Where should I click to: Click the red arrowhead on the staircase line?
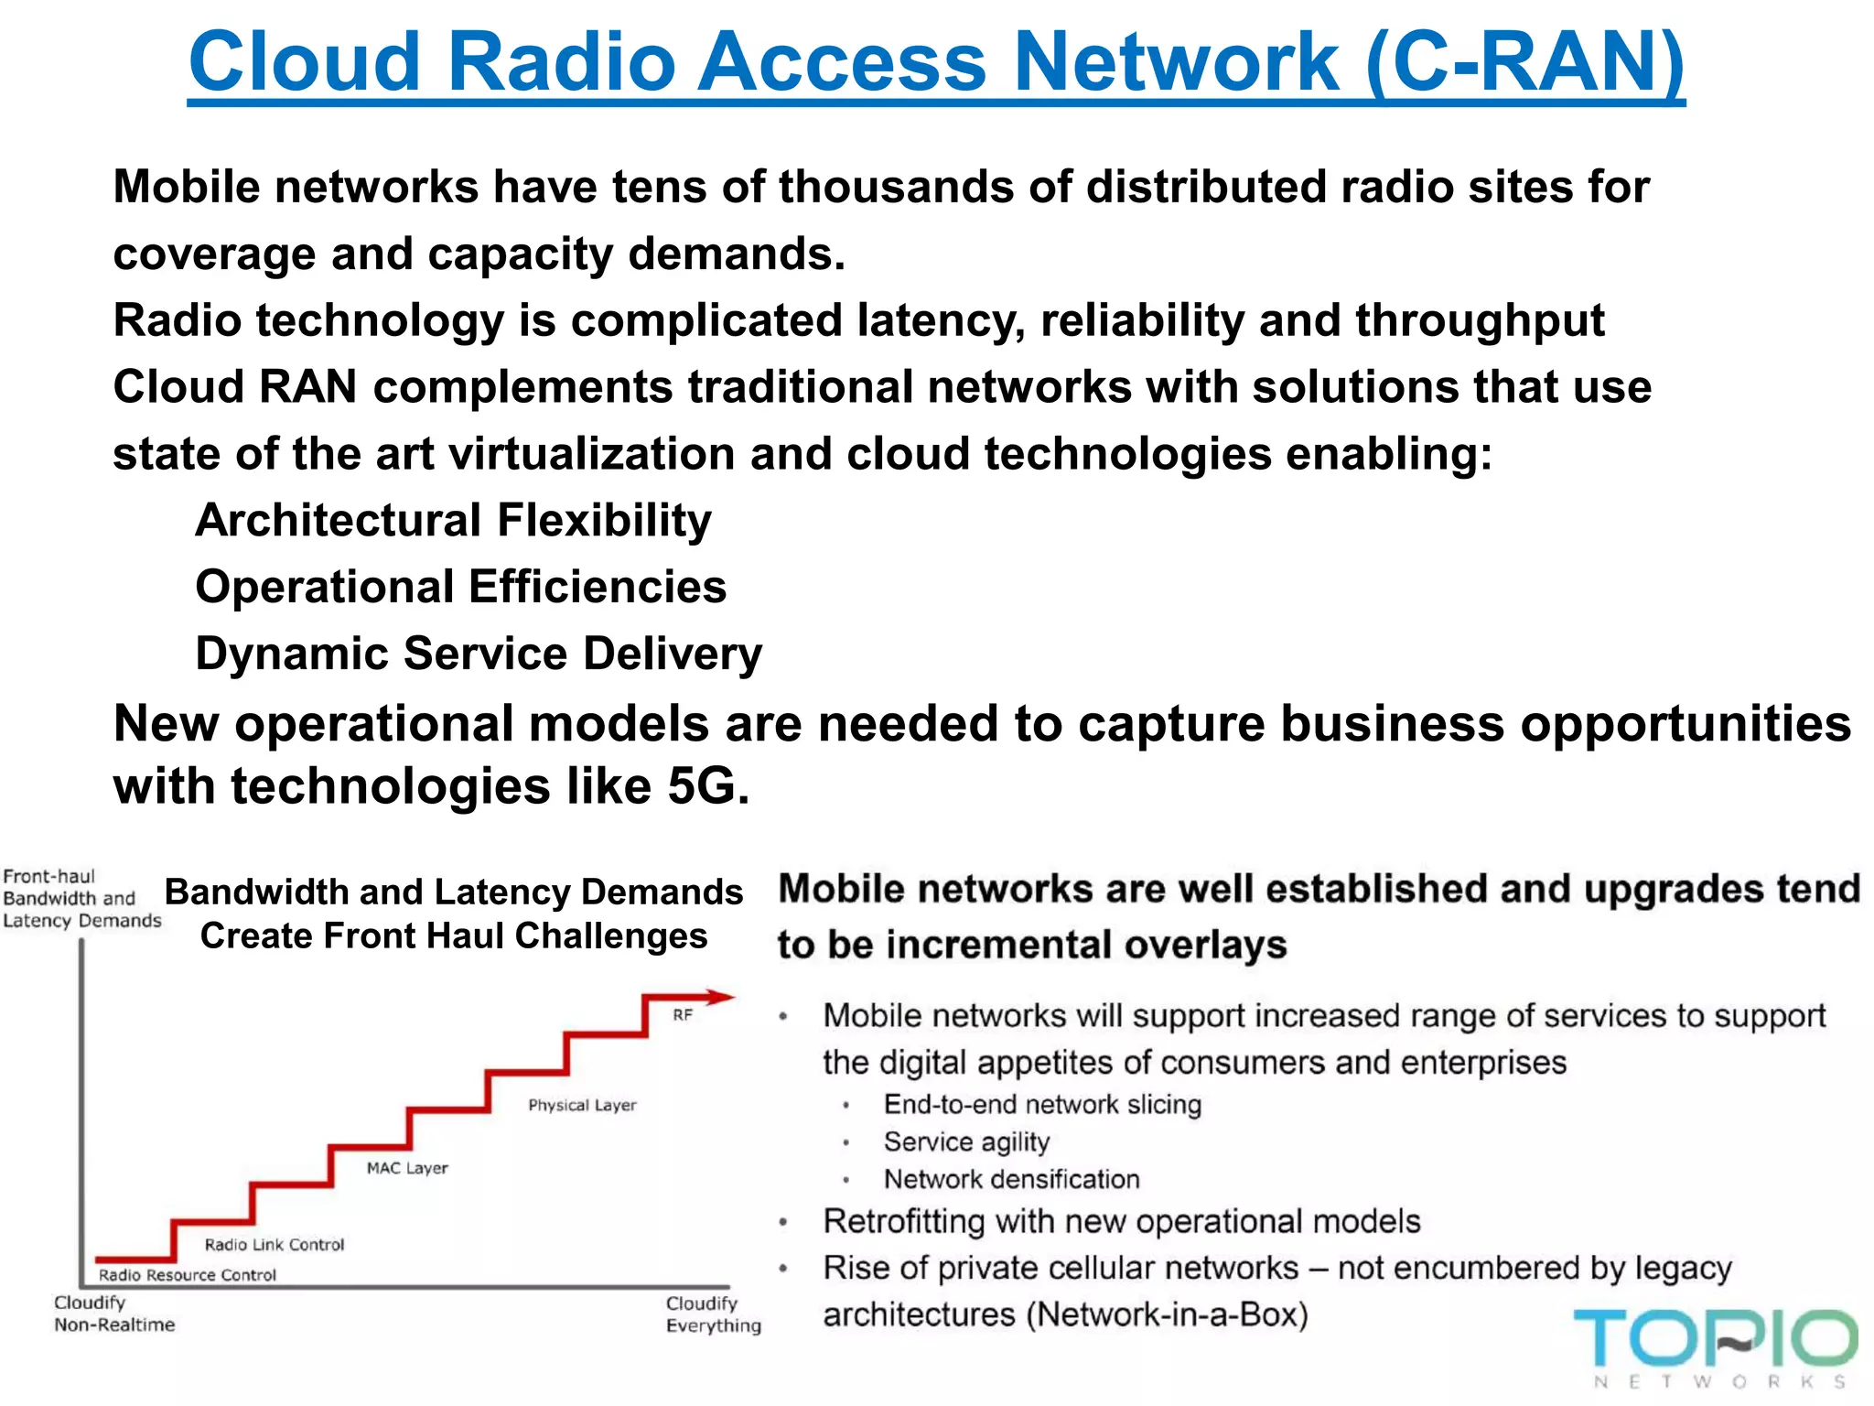coord(721,997)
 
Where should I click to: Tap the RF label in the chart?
coord(683,1015)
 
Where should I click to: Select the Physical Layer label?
coord(582,1106)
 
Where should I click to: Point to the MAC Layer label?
coord(407,1169)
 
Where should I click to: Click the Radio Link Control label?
coord(275,1245)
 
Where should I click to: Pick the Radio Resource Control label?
coord(188,1275)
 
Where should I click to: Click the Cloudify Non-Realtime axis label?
coord(113,1314)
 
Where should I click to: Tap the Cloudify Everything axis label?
coord(713,1314)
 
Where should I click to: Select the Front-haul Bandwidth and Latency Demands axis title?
coord(81,899)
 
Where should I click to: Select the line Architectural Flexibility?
coord(453,521)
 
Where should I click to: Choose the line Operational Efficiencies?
coord(460,587)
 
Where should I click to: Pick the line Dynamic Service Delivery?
coord(479,654)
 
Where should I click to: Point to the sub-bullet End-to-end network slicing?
coord(1042,1105)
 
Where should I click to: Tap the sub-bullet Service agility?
coord(966,1142)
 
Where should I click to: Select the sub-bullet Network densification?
coord(1011,1180)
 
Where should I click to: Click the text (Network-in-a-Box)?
coord(1167,1315)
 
